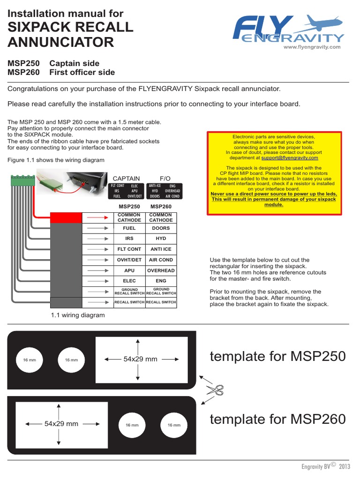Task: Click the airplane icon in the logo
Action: pos(323,23)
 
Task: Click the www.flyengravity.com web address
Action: pos(312,47)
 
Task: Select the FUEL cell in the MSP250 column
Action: pos(129,228)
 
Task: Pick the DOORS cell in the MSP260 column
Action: pos(161,228)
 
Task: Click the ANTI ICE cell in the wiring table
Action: pos(161,249)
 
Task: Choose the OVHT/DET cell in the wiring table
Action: pos(129,260)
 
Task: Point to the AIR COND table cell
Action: pos(161,260)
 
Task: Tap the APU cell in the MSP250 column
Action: pos(129,270)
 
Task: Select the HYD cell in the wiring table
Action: pos(161,239)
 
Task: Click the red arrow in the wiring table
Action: pos(98,217)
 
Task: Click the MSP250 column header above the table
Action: pos(129,207)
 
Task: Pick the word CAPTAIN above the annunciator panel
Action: pos(126,179)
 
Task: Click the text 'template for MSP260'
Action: pos(277,419)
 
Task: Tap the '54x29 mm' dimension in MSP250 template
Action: pos(140,359)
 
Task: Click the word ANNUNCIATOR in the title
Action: pos(61,42)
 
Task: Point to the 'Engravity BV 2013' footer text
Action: pos(326,466)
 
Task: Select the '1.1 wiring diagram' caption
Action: pos(78,315)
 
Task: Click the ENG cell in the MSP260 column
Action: pos(161,281)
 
